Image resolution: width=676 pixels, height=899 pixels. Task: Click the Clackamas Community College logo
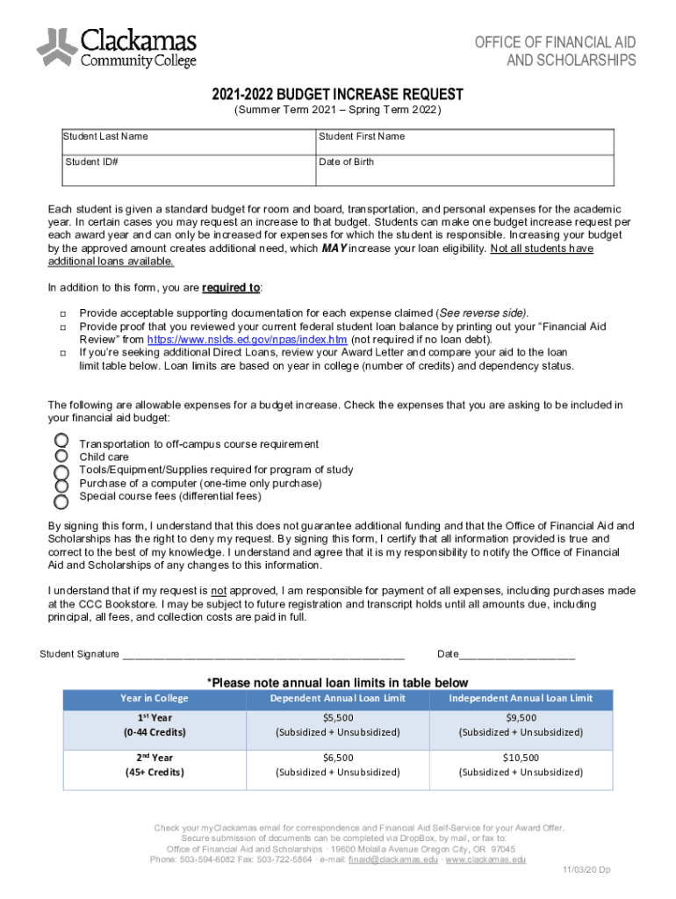click(x=116, y=47)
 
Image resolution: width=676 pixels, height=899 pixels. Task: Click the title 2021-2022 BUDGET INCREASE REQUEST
click(x=337, y=95)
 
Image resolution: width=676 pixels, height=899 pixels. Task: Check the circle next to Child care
click(x=61, y=456)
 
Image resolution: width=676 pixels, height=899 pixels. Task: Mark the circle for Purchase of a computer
click(x=61, y=485)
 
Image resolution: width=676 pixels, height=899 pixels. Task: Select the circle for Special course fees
click(x=61, y=502)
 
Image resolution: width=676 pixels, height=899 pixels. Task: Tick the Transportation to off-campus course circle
click(x=61, y=440)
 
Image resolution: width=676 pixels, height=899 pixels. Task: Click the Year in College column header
click(x=154, y=699)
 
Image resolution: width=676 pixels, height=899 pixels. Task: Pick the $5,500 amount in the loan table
click(x=338, y=718)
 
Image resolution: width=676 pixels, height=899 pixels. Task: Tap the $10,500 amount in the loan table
click(x=521, y=758)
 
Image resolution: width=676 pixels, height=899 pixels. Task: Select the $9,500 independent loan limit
click(x=521, y=718)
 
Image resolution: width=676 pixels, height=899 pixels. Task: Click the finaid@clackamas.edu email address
click(x=406, y=861)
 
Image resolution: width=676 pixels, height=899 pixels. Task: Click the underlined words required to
click(x=231, y=288)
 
